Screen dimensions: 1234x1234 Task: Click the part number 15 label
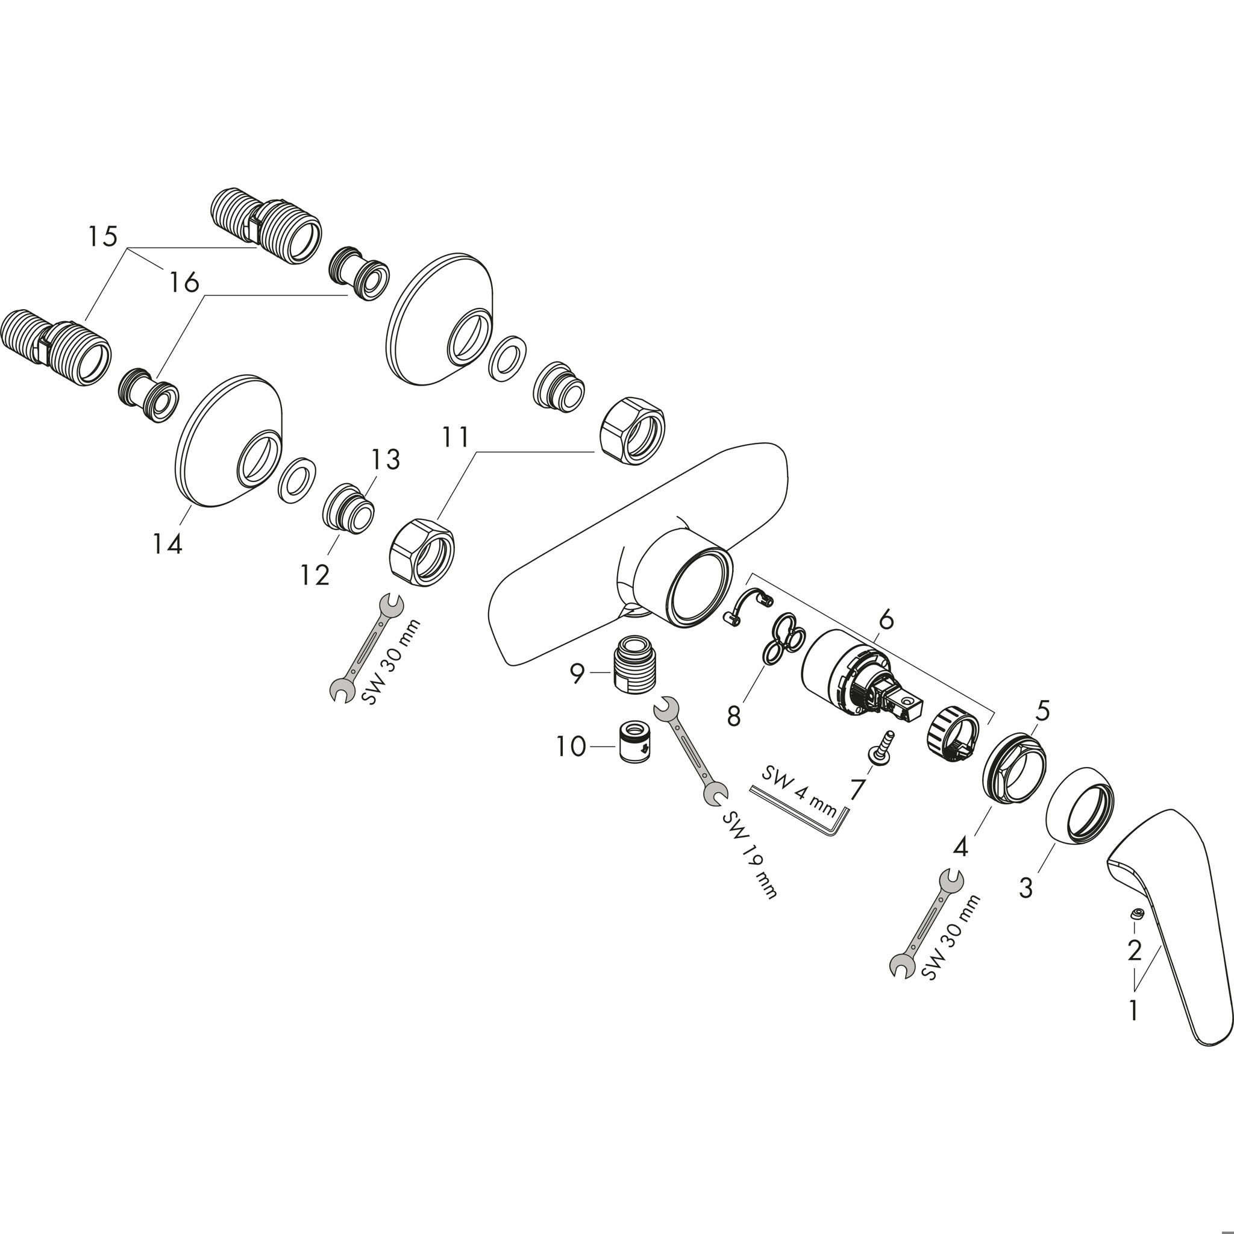pyautogui.click(x=103, y=236)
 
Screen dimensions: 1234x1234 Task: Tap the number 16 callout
pyautogui.click(x=184, y=281)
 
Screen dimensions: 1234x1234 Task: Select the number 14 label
pyautogui.click(x=168, y=544)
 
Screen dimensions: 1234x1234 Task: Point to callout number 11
pyautogui.click(x=456, y=437)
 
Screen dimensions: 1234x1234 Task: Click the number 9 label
pyautogui.click(x=577, y=673)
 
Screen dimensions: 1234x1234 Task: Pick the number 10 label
pyautogui.click(x=571, y=746)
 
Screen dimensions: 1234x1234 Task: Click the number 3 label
pyautogui.click(x=1026, y=887)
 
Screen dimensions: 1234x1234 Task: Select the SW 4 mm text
pyautogui.click(x=799, y=792)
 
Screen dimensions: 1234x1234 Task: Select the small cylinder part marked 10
pyautogui.click(x=635, y=741)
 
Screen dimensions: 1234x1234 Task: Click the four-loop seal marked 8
pyautogui.click(x=783, y=642)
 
